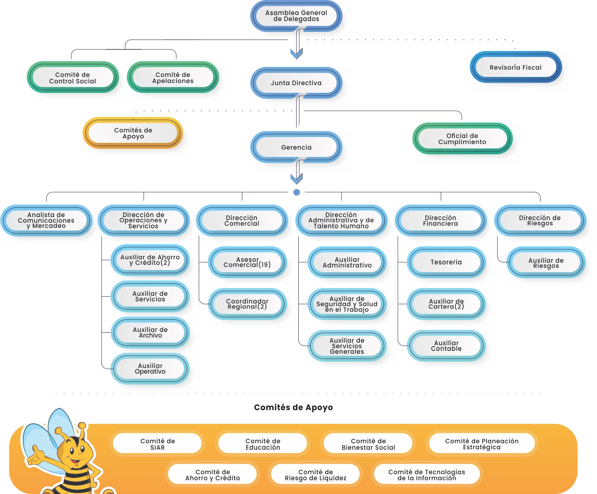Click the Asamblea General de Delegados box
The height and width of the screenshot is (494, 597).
[296, 16]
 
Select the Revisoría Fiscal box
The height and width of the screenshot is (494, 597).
[516, 67]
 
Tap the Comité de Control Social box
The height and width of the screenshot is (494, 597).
[73, 77]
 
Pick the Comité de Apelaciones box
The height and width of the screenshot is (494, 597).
[173, 77]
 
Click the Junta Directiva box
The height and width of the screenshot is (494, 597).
[296, 83]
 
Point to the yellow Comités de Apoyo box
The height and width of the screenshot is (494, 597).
[133, 133]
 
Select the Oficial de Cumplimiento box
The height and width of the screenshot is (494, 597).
[462, 138]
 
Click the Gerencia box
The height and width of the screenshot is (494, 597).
[296, 147]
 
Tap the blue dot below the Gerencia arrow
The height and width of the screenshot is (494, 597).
[297, 192]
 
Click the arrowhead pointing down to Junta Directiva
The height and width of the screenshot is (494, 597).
[297, 54]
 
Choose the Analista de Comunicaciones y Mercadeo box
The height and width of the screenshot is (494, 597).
[46, 220]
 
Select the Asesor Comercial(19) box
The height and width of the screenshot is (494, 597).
[247, 262]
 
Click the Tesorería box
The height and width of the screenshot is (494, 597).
[446, 262]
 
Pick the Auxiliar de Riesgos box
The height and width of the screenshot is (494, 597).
[546, 263]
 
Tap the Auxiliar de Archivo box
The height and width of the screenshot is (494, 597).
[150, 332]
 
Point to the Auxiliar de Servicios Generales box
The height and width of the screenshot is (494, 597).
[347, 346]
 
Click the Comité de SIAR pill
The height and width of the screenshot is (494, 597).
[158, 444]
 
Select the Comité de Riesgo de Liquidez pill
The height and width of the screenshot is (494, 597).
[316, 475]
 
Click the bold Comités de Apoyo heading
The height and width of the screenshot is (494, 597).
[294, 407]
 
